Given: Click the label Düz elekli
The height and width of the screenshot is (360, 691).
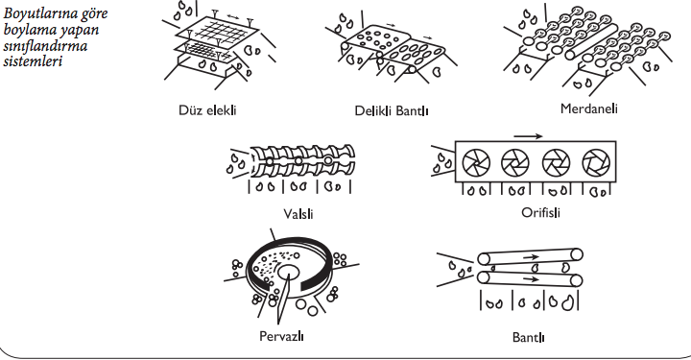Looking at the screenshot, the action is pyautogui.click(x=207, y=110).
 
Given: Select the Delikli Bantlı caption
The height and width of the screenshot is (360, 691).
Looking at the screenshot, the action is pyautogui.click(x=392, y=110).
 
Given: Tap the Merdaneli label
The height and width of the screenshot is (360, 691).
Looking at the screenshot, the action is pyautogui.click(x=588, y=108).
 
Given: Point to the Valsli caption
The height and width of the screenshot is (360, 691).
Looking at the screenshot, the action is pyautogui.click(x=298, y=214).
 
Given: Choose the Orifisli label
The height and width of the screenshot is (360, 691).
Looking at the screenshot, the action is pyautogui.click(x=540, y=212).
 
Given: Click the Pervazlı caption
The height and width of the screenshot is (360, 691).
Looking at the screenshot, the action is pyautogui.click(x=281, y=336).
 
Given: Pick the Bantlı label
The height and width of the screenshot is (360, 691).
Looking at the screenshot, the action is pyautogui.click(x=529, y=338).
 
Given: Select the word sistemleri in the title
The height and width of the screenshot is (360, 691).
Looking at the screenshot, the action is pyautogui.click(x=33, y=60).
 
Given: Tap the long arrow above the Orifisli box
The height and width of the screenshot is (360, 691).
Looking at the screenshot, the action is pyautogui.click(x=528, y=136).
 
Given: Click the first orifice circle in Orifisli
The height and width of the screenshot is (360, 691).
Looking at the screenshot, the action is pyautogui.click(x=476, y=162).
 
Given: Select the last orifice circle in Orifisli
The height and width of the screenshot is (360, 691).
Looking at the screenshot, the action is pyautogui.click(x=596, y=162).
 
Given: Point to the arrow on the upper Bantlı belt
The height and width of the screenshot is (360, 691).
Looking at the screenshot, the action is pyautogui.click(x=531, y=256).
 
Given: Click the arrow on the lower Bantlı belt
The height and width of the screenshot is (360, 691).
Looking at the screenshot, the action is pyautogui.click(x=531, y=279).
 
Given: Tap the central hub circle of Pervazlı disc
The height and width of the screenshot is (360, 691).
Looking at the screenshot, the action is pyautogui.click(x=289, y=273).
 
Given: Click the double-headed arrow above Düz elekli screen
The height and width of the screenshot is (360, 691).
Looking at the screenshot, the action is pyautogui.click(x=233, y=16).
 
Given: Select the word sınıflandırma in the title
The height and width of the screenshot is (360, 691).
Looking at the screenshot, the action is pyautogui.click(x=45, y=45).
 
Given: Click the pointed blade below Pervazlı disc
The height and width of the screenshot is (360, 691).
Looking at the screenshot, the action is pyautogui.click(x=282, y=300).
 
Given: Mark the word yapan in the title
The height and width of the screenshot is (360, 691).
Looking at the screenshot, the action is pyautogui.click(x=80, y=30).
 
